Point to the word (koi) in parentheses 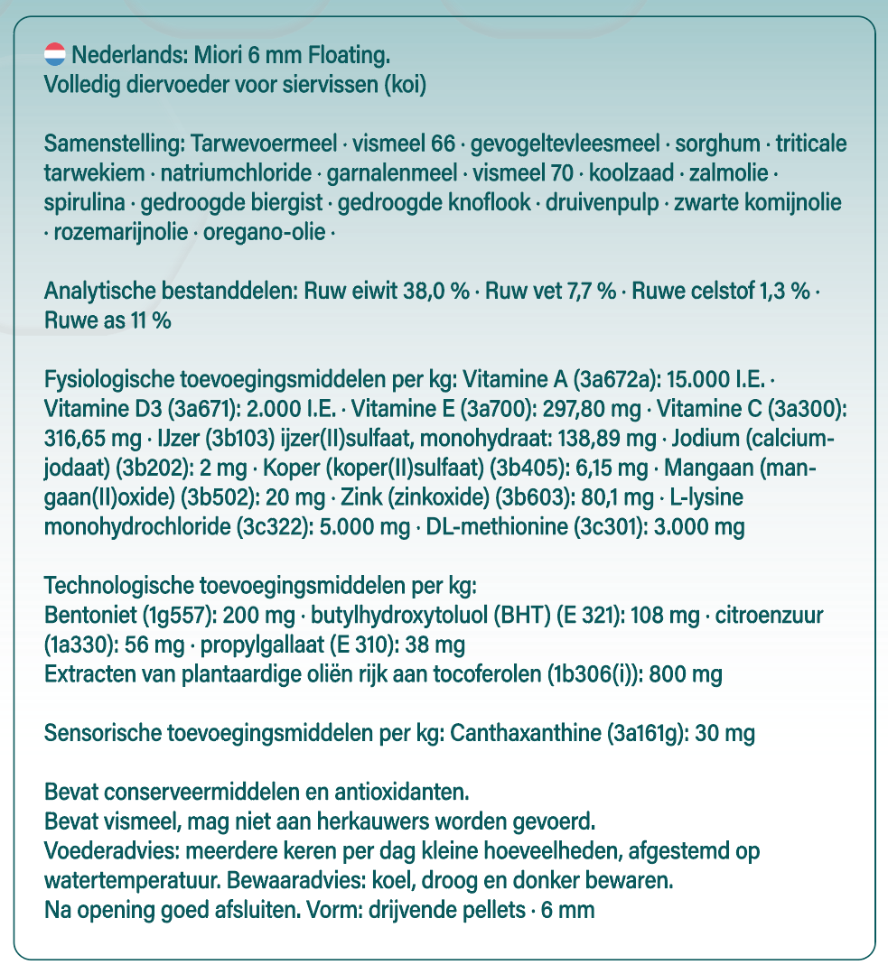(x=405, y=87)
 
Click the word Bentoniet (x=88, y=616)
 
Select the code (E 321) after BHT (x=592, y=616)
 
